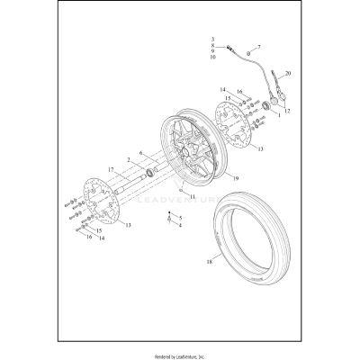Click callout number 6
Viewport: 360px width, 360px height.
(139, 155)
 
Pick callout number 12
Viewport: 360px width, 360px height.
(287, 111)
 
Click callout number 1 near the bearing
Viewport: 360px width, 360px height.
(278, 116)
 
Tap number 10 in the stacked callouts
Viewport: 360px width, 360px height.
(212, 58)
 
